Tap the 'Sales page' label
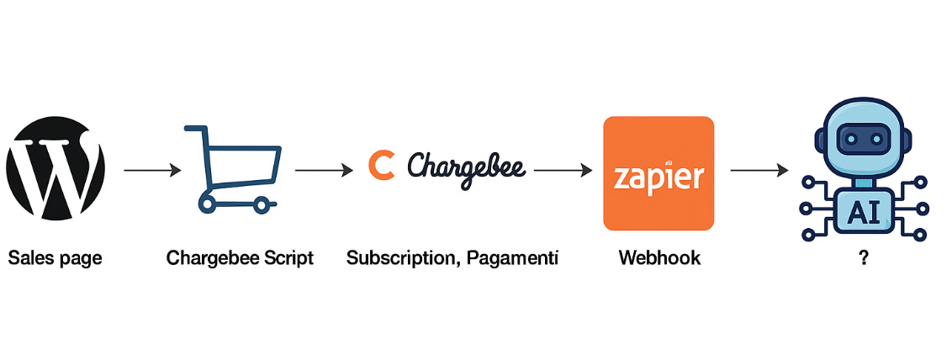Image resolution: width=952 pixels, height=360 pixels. tap(55, 258)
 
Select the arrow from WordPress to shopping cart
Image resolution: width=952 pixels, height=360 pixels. tap(152, 170)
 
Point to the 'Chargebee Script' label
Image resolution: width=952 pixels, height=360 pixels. tap(240, 258)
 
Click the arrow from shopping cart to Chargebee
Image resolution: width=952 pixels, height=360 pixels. tap(324, 170)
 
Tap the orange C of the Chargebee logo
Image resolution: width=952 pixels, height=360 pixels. tap(381, 164)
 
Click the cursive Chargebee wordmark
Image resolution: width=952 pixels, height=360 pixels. tap(466, 165)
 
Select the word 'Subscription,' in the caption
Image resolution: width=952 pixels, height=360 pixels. tap(398, 258)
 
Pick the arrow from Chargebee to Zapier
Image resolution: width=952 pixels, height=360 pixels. tap(563, 170)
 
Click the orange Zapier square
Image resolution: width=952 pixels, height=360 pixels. tap(658, 172)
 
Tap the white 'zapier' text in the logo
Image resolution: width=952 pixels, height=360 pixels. tap(658, 177)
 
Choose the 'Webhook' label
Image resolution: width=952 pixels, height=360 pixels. tap(659, 258)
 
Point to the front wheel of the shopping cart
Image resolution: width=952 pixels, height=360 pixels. tap(263, 204)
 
